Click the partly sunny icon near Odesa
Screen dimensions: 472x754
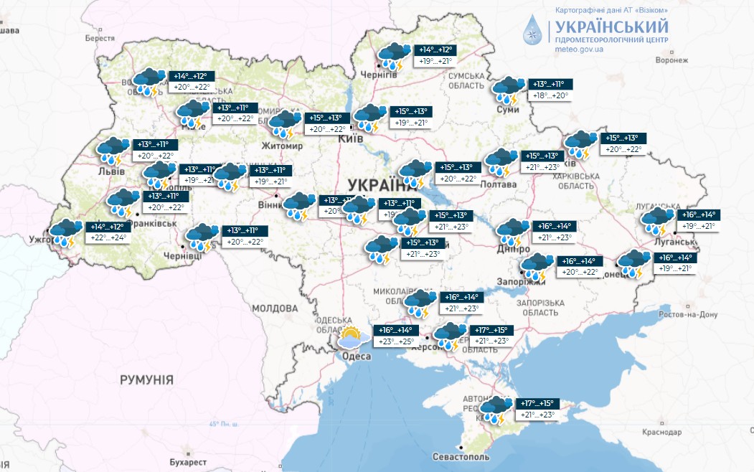click(352, 337)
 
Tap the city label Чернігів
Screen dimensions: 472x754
click(379, 75)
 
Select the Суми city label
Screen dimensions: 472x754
click(508, 109)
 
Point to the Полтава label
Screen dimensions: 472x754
click(499, 184)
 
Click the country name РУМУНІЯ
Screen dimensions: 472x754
click(146, 379)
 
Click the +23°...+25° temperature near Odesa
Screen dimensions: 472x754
click(395, 341)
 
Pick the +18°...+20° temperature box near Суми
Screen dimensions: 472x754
click(550, 95)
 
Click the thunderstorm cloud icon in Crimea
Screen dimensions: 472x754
click(494, 409)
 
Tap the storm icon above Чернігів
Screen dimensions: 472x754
click(394, 55)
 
